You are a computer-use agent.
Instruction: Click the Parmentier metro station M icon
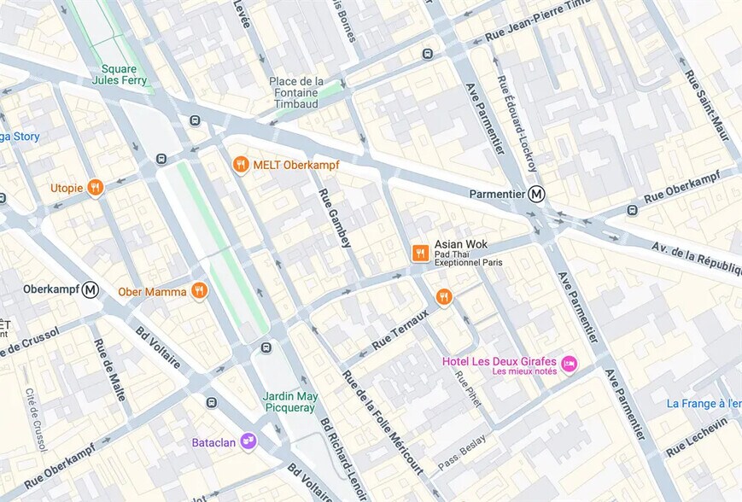tap(536, 194)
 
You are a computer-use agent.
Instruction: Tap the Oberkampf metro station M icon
tap(91, 289)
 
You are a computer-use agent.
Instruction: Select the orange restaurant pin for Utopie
tap(96, 187)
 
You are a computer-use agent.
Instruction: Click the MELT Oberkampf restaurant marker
tap(242, 164)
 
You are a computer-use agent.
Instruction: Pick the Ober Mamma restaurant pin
tap(199, 291)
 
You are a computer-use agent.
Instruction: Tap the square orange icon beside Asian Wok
tap(420, 253)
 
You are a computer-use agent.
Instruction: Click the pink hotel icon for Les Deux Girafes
tap(569, 365)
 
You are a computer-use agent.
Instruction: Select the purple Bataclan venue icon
tap(248, 441)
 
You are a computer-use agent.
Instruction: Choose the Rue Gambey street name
tap(335, 218)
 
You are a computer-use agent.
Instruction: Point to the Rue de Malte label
tap(110, 370)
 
